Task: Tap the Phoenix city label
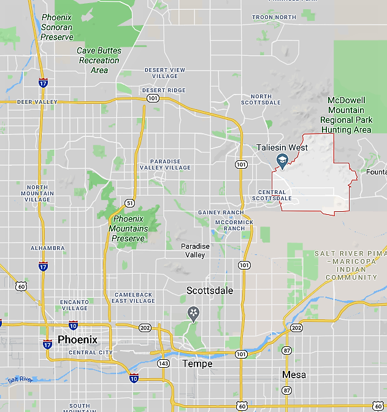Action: (77, 340)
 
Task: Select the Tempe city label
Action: (198, 363)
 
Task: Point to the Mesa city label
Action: (294, 374)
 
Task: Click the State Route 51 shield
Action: (129, 203)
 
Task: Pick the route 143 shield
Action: (163, 363)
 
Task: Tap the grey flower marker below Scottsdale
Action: (194, 314)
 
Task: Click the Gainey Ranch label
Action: (220, 212)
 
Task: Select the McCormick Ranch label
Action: (230, 225)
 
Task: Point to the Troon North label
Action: (274, 17)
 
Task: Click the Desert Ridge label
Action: (164, 90)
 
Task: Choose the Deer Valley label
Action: (37, 102)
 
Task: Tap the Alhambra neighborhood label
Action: (47, 248)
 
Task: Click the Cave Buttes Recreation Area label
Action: (99, 60)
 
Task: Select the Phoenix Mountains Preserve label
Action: (128, 228)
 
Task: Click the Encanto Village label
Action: (74, 305)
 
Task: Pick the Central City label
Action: (91, 352)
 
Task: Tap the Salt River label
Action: (20, 380)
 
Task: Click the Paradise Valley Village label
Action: (165, 165)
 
